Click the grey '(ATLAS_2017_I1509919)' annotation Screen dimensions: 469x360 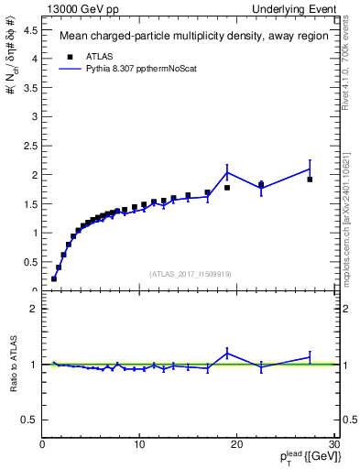click(190, 273)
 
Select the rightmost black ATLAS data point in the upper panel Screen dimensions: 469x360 click(310, 180)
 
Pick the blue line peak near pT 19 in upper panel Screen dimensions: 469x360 click(227, 172)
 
